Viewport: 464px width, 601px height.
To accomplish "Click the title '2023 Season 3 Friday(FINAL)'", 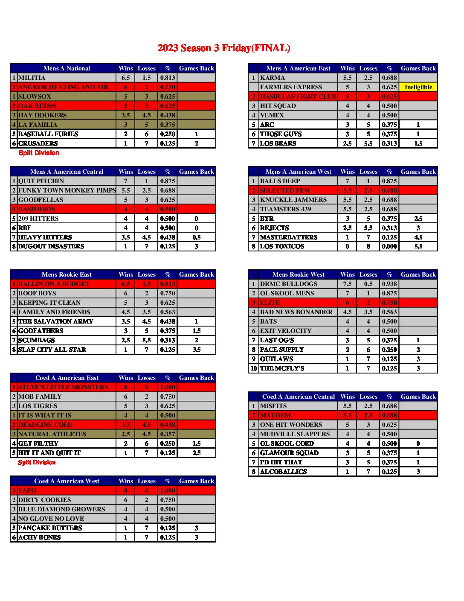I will [224, 48].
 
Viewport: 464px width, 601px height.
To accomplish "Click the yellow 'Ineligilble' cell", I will [418, 87].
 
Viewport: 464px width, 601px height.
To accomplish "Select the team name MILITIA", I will [32, 78].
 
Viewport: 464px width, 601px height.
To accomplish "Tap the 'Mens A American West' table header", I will [298, 172].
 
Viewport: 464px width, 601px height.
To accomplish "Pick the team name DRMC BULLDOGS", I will [289, 284].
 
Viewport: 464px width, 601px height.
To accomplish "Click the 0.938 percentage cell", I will [389, 284].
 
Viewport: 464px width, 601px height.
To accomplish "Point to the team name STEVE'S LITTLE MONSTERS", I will [63, 387].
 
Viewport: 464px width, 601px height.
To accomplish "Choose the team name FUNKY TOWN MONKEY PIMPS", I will [67, 190].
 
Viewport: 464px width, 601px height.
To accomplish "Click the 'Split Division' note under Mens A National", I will [39, 153].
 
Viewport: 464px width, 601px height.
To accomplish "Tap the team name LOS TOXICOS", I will [282, 246].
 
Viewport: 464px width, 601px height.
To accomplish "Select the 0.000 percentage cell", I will [389, 246].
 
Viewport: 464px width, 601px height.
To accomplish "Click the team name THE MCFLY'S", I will [282, 368].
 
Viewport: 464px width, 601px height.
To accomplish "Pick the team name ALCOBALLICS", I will [283, 472].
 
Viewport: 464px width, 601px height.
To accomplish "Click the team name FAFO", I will [27, 490].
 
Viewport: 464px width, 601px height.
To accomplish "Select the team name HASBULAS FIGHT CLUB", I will [298, 96].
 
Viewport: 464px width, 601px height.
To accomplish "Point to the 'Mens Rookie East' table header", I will [67, 274].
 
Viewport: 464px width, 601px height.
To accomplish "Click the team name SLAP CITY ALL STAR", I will [52, 350].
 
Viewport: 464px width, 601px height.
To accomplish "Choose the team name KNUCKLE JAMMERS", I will [293, 200].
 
